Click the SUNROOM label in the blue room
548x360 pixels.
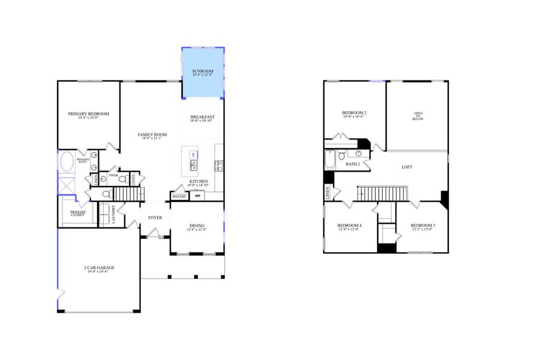pos(203,71)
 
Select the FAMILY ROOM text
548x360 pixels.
pos(152,134)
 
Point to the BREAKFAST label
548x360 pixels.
pos(203,117)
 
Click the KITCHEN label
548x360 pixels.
pos(199,181)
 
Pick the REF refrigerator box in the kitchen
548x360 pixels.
pos(198,196)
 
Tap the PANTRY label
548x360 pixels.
pos(179,196)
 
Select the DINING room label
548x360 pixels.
pos(197,226)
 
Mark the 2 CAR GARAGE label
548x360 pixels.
pos(99,268)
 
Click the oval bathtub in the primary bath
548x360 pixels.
pos(67,163)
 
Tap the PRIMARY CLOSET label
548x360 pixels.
pos(78,213)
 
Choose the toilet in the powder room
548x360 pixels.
pos(122,179)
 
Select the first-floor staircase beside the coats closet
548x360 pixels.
pos(129,194)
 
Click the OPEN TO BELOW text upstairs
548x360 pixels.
pos(418,116)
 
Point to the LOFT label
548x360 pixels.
pos(407,167)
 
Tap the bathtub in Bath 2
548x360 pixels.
pos(330,160)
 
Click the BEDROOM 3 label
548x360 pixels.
pos(423,226)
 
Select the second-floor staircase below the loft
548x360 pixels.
pos(382,194)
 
